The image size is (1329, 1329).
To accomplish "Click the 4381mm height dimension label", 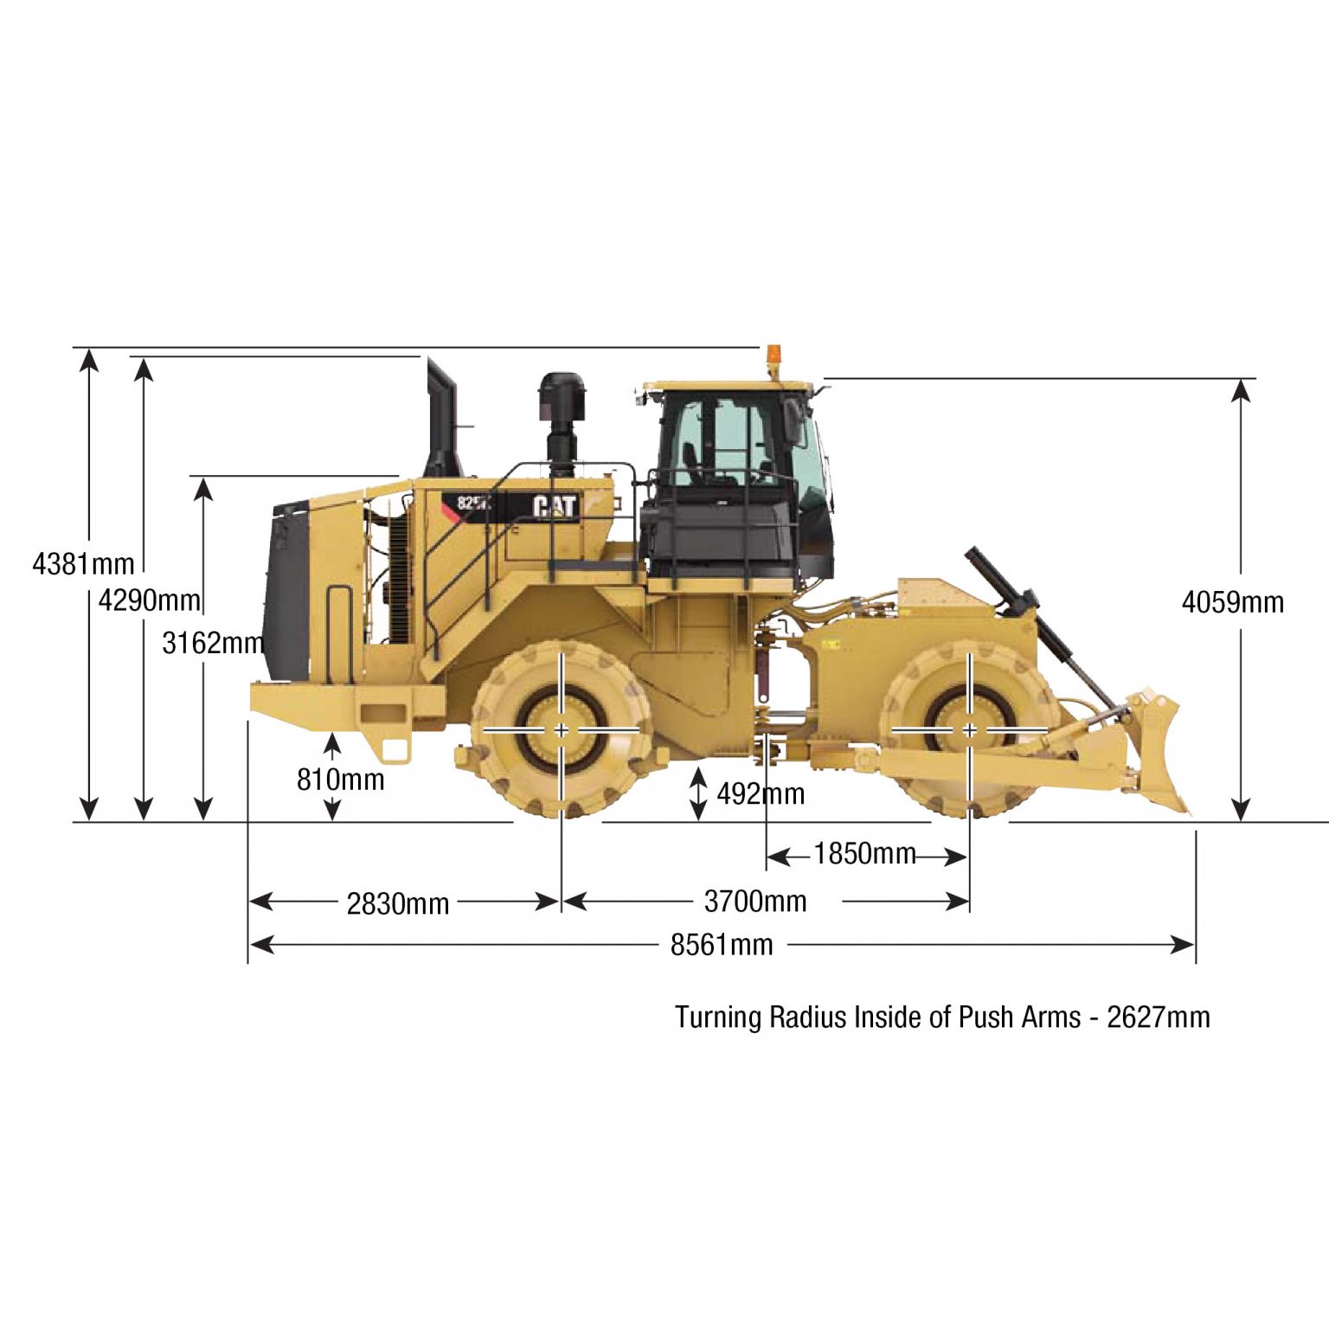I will click(83, 564).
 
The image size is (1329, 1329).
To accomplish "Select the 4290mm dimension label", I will click(149, 600).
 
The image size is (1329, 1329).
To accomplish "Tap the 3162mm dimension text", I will click(213, 643).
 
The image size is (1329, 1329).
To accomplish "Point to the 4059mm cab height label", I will click(1232, 602).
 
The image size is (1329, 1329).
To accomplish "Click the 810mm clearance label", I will click(340, 780).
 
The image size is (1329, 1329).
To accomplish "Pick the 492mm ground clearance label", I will click(761, 793).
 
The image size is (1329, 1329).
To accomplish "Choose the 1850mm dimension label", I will click(864, 854).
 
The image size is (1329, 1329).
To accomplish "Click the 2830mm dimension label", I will click(398, 903).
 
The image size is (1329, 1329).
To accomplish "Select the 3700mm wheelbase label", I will click(755, 902).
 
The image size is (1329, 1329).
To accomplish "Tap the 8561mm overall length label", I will click(722, 944).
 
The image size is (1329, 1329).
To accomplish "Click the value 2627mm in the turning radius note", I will click(1159, 1017).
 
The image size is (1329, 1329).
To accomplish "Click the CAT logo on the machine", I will click(555, 506).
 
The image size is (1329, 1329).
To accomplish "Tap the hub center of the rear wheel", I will click(562, 731).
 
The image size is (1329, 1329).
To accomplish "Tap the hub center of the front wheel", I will click(969, 731).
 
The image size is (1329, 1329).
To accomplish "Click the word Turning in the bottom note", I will click(718, 1017).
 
